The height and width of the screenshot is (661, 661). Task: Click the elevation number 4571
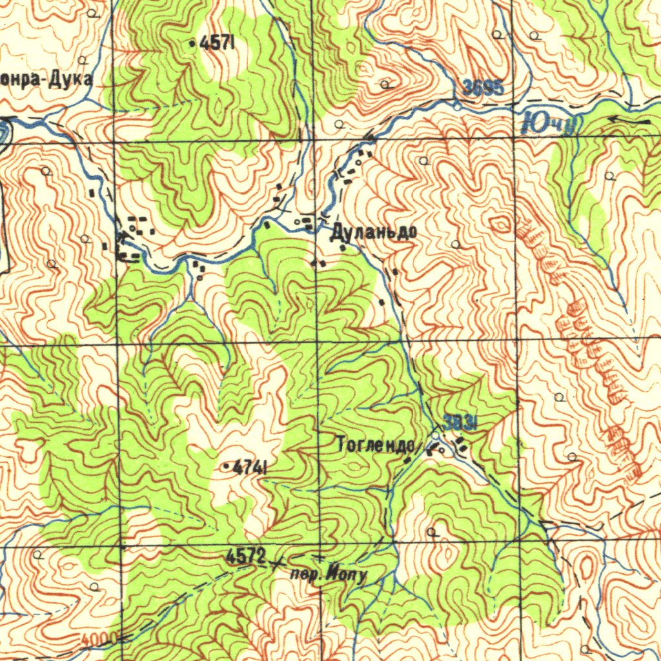coord(216,44)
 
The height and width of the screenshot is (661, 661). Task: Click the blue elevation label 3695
coord(483,88)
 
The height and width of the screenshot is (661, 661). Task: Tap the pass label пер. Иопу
coord(329,574)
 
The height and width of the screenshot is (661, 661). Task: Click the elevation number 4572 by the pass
coord(245,555)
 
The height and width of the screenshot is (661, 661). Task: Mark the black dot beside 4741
coord(225,466)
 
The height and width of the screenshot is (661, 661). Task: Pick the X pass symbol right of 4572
coord(278,563)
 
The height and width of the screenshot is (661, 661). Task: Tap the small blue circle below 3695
coord(458,107)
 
